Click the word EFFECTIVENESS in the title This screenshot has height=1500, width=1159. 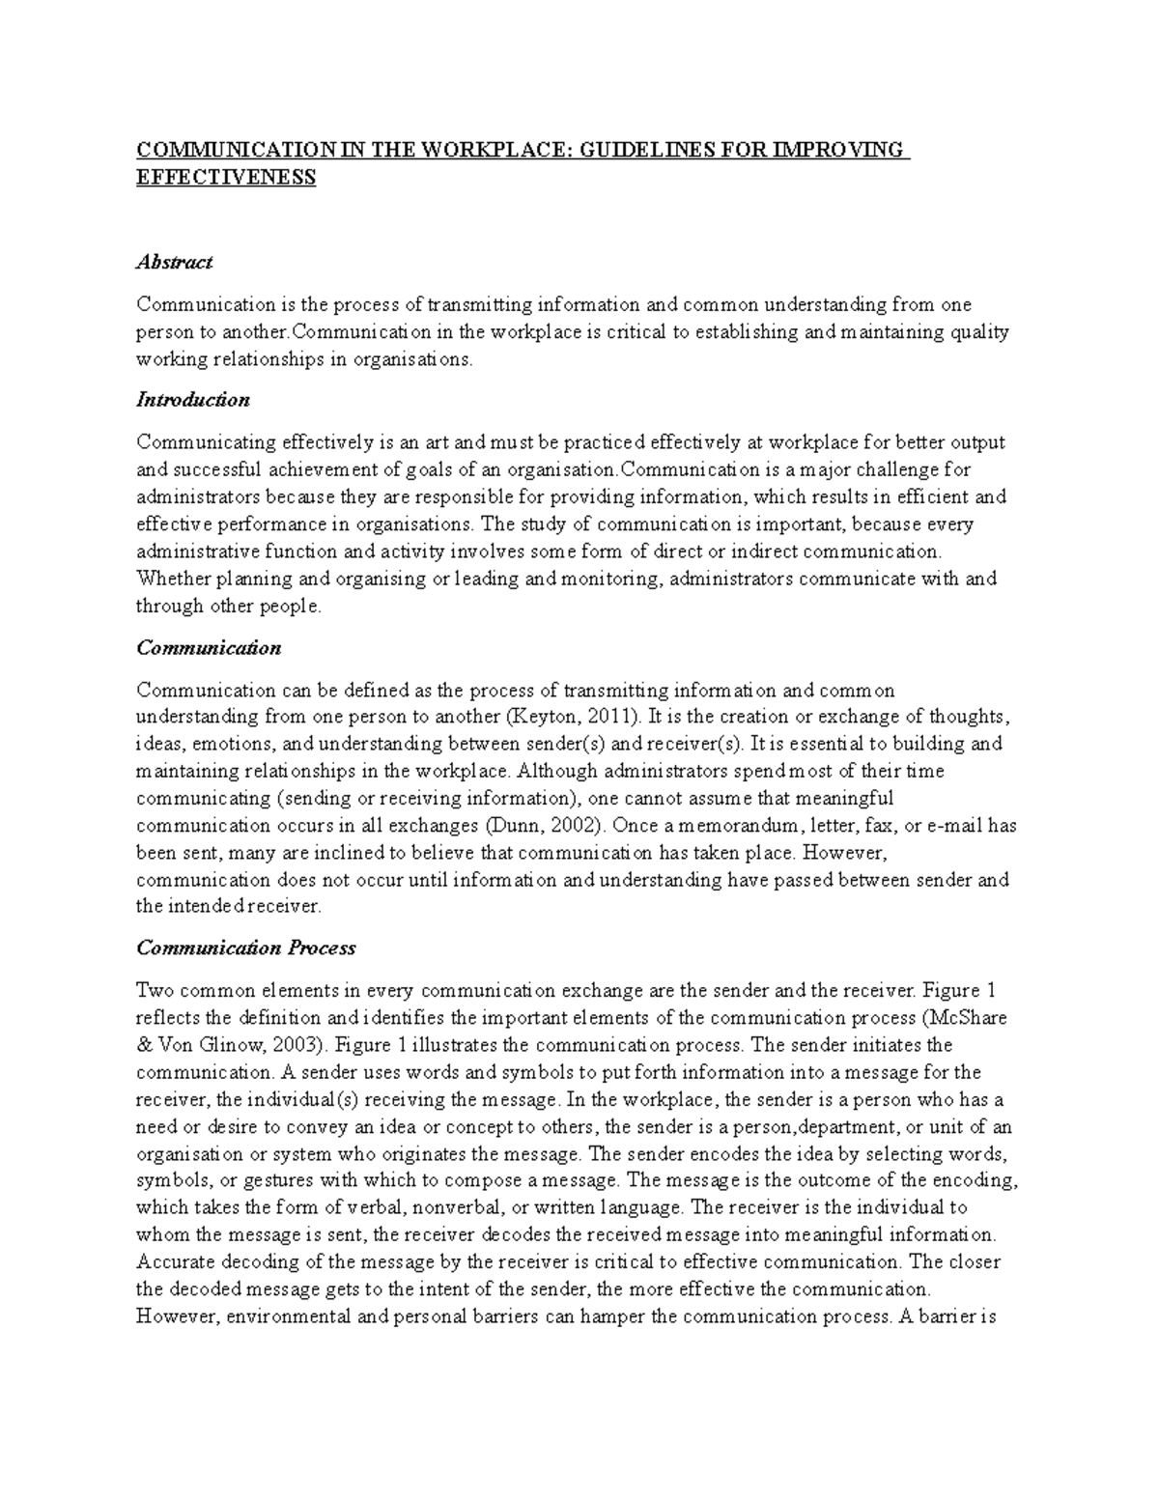[x=226, y=178]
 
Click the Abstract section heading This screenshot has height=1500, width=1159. [x=174, y=262]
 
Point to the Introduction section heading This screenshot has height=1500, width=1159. [x=192, y=400]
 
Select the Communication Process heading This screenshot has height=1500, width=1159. [x=245, y=948]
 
